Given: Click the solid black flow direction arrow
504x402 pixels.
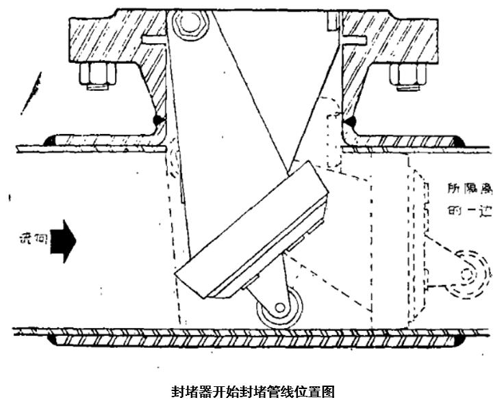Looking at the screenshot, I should [x=66, y=240].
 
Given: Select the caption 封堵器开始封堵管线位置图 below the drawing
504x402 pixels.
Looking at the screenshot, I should [x=252, y=392].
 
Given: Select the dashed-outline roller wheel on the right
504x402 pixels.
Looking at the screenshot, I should [x=469, y=276].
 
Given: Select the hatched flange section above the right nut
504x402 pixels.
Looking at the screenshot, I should [x=397, y=38].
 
